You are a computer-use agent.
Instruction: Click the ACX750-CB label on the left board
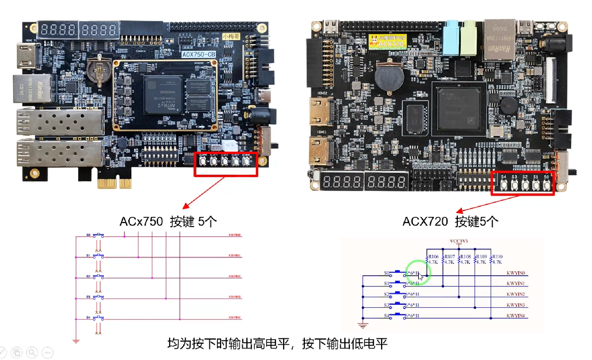click(x=198, y=54)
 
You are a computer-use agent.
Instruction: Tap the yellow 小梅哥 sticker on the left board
click(x=231, y=36)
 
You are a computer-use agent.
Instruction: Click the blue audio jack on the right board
click(x=451, y=37)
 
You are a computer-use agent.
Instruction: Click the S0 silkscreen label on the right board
click(x=546, y=177)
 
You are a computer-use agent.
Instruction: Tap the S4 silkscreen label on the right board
click(x=504, y=177)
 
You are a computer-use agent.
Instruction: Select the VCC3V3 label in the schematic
click(x=459, y=241)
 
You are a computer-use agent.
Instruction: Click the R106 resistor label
click(x=433, y=257)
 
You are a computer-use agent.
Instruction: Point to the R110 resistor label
click(x=497, y=257)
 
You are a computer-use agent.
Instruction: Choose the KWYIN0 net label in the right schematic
click(x=515, y=273)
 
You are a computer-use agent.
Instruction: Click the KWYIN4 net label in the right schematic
click(x=515, y=316)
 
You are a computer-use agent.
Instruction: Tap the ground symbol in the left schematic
click(x=76, y=341)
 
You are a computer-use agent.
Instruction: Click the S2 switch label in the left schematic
click(x=88, y=276)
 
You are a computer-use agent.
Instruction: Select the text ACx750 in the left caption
click(x=141, y=222)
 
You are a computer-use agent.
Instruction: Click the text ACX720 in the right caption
click(x=425, y=222)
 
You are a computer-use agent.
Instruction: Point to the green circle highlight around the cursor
click(x=418, y=272)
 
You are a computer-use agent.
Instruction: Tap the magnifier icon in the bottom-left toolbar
click(x=32, y=353)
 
